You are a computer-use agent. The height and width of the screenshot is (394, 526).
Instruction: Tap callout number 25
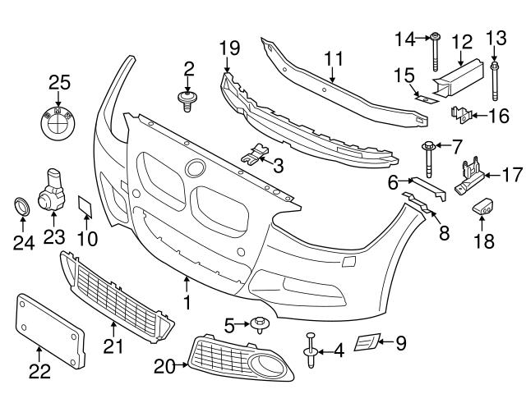point(59,83)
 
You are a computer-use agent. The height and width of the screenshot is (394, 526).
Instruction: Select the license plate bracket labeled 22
point(50,329)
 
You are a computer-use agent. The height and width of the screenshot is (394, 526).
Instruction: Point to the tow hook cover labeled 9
point(367,342)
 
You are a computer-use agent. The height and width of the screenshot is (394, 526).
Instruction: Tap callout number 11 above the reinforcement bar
point(332,58)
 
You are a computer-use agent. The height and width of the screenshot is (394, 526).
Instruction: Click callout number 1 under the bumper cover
point(187,305)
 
